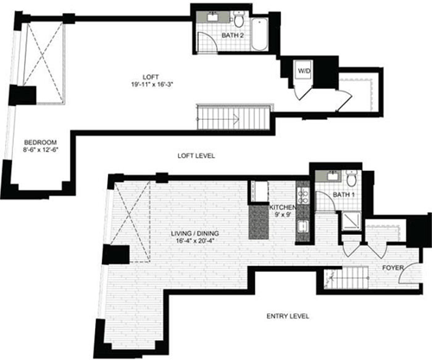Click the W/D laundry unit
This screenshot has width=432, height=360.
coord(303,71)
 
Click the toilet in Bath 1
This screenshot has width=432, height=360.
coord(352,180)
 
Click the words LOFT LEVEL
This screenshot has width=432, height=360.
coord(196,155)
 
